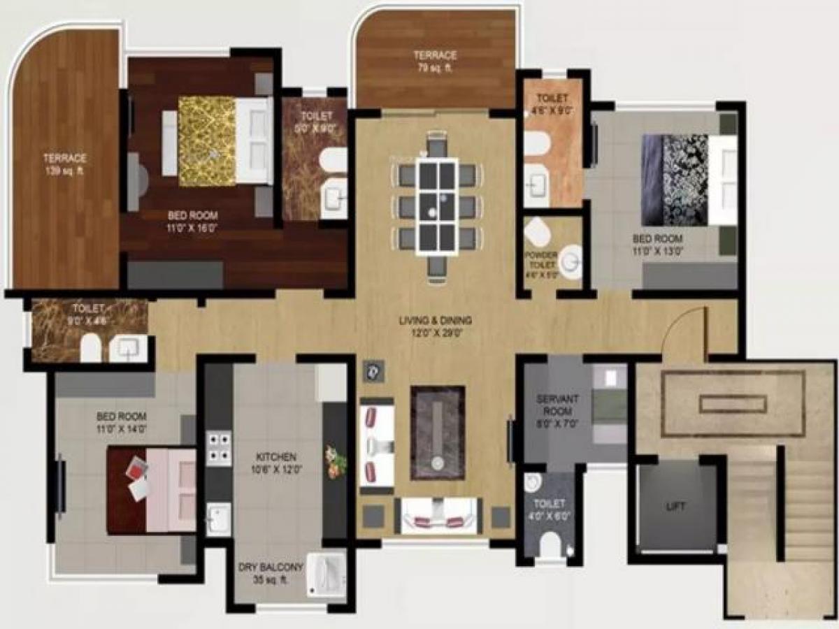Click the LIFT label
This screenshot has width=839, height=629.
[675, 506]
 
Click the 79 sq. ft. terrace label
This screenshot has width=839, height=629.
[434, 61]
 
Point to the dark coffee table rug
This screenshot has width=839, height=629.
[438, 432]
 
